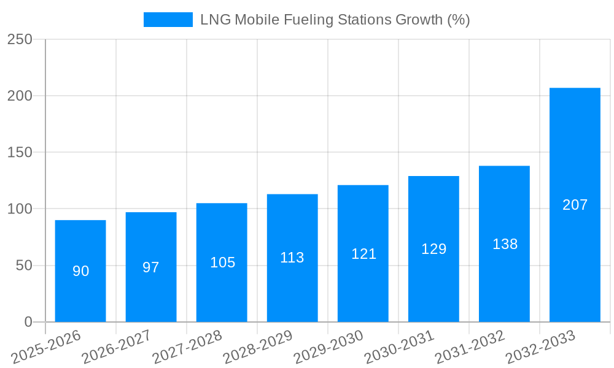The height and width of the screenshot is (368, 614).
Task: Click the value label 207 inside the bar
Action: click(x=575, y=205)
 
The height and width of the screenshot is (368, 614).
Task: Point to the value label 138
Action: click(x=505, y=244)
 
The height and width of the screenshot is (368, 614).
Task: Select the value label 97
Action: click(x=151, y=267)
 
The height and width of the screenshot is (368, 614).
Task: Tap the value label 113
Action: click(x=292, y=258)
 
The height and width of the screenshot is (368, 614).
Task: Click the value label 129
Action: click(x=433, y=249)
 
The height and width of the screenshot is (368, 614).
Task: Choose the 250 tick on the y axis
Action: click(x=20, y=39)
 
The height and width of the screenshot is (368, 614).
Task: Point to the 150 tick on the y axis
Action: click(x=20, y=152)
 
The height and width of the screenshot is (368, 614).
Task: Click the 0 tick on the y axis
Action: click(x=28, y=322)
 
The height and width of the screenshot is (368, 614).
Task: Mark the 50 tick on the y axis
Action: click(x=23, y=266)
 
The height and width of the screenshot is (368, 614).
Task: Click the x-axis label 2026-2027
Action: click(x=117, y=347)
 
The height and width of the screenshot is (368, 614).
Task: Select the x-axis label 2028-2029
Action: click(x=258, y=347)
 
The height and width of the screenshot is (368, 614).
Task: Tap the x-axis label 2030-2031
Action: click(x=400, y=347)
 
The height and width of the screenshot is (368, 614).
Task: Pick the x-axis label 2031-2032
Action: click(x=470, y=347)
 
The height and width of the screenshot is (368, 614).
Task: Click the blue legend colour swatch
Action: click(x=168, y=20)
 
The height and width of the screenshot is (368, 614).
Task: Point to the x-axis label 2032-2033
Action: click(x=541, y=347)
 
